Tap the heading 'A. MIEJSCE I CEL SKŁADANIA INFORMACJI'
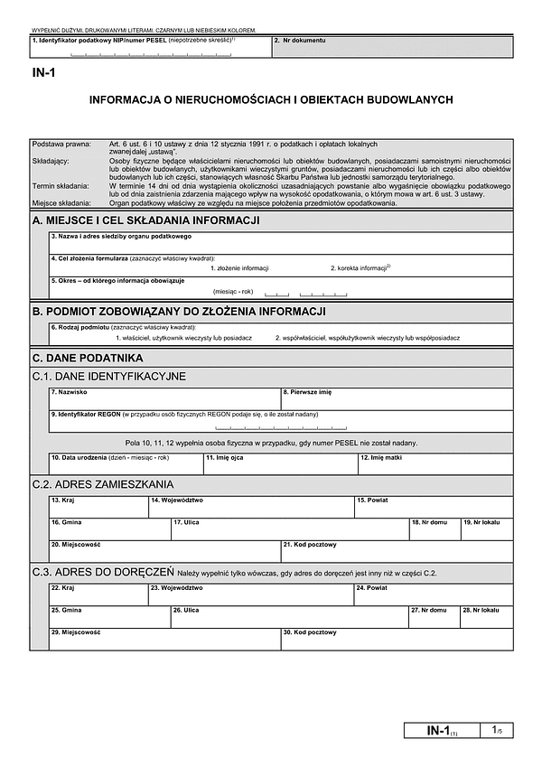(x=146, y=220)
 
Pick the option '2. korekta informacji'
(x=360, y=268)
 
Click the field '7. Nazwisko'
(x=164, y=398)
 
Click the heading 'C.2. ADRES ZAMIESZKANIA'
(x=103, y=485)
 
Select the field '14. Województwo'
(x=250, y=508)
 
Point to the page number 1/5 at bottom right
(x=497, y=729)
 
